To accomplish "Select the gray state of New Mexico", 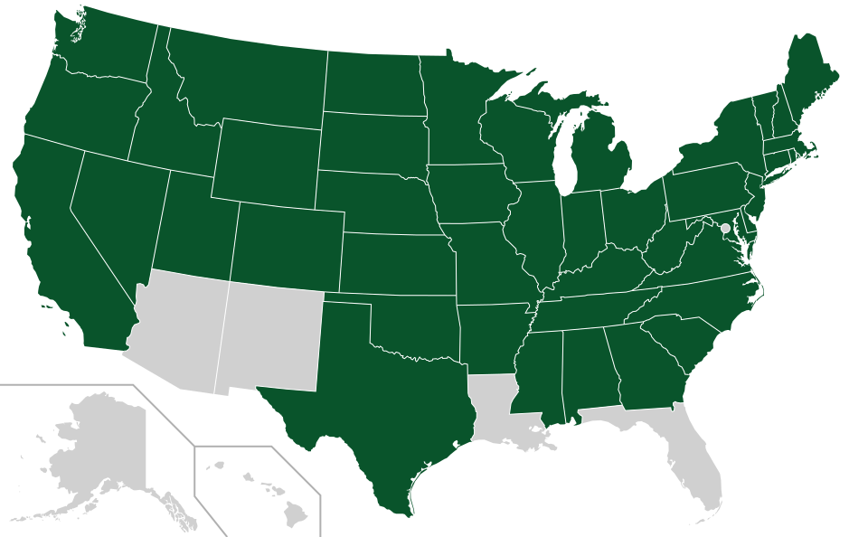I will pyautogui.click(x=271, y=334).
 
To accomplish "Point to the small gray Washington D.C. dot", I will pyautogui.click(x=725, y=229).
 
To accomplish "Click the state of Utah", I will pyautogui.click(x=194, y=226).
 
